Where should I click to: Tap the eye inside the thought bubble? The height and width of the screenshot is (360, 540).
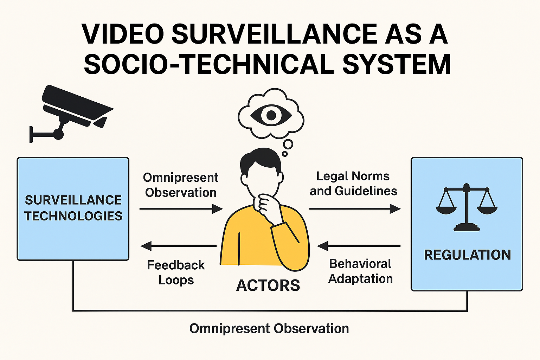[271, 115]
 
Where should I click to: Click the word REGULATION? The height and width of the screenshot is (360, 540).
[467, 255]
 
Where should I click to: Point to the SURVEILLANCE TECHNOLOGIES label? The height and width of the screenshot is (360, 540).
[73, 208]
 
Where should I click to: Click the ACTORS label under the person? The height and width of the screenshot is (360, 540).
[268, 285]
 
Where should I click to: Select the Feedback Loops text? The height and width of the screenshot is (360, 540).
[176, 272]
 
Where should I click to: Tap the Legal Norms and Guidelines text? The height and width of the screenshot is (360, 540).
[353, 184]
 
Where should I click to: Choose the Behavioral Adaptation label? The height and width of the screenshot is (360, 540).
[360, 271]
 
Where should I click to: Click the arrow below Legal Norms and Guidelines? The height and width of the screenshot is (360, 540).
[355, 209]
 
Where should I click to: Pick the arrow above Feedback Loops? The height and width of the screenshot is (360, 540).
[179, 246]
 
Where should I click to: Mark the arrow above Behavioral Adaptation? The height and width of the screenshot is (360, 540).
[359, 246]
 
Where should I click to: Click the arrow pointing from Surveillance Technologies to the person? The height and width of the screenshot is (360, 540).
[181, 209]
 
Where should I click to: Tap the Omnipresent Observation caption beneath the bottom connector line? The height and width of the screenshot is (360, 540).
[269, 329]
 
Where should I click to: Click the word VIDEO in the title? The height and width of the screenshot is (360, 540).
[123, 34]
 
